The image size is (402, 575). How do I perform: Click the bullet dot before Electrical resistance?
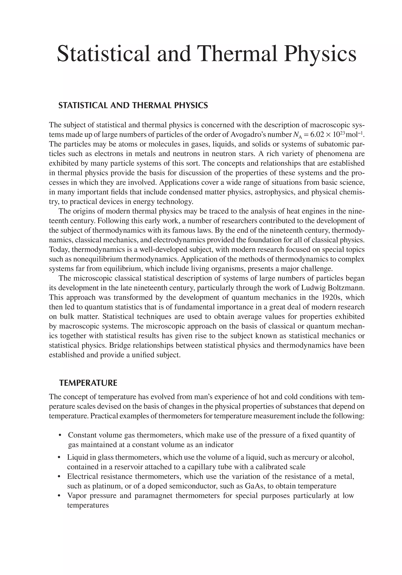coord(59,477)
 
